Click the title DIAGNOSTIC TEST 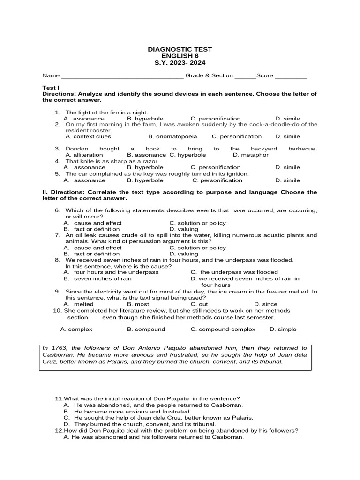180,49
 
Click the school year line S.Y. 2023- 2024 180,63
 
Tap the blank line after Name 122,76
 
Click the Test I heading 51,88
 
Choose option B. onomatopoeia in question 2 172,137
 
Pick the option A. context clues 88,137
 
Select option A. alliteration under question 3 84,155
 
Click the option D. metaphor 251,155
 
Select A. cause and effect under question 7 92,247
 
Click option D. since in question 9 265,304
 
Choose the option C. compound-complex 223,330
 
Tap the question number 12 59,430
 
